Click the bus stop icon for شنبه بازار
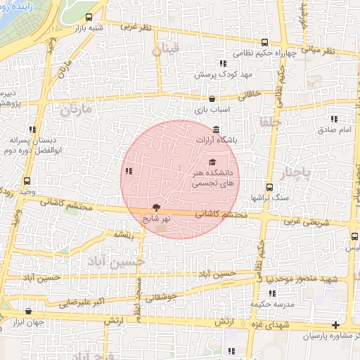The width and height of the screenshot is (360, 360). point(89,17)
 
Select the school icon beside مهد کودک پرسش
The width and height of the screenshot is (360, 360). point(224,63)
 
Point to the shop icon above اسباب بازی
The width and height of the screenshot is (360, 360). point(212,99)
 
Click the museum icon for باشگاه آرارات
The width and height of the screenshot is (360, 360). point(215,130)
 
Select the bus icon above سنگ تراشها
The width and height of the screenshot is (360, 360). point(269,186)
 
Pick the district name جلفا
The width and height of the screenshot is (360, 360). point(270,122)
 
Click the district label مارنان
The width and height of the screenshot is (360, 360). point(76,111)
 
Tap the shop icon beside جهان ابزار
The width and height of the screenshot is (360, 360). point(28,310)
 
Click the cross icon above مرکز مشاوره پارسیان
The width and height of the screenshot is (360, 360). point(336,325)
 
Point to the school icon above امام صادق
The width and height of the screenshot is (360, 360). point(333,119)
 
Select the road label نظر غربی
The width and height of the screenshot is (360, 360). point(136,27)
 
